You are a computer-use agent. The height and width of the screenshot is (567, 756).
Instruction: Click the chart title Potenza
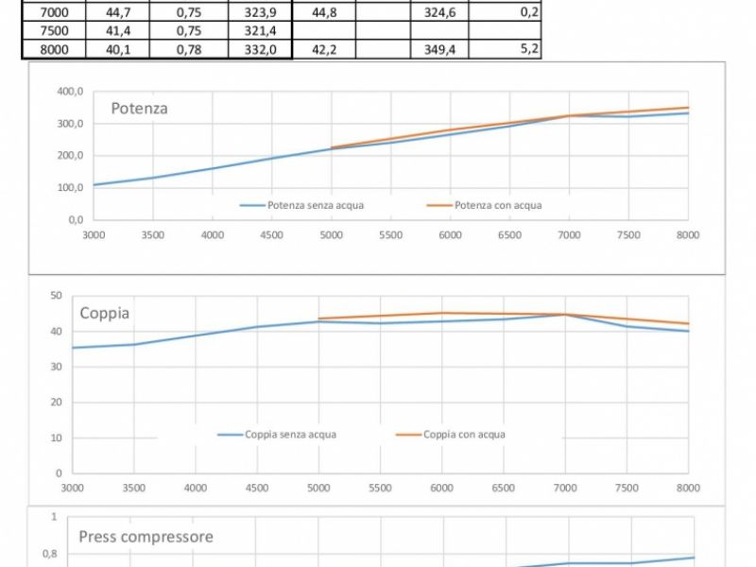[x=139, y=109]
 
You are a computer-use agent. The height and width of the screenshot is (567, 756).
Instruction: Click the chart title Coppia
[x=104, y=314]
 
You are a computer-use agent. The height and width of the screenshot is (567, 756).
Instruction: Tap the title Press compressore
[x=146, y=537]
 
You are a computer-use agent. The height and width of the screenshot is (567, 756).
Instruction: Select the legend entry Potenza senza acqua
[x=315, y=205]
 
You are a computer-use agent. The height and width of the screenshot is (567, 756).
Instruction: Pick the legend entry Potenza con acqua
[x=498, y=205]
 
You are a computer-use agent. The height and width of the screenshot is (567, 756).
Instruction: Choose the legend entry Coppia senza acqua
[x=290, y=435]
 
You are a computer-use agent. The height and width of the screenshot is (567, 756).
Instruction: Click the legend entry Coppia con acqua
[x=464, y=435]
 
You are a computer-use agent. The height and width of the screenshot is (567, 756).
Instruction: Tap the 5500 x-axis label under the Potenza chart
[x=390, y=235]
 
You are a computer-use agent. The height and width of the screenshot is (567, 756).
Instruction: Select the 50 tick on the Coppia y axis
[x=56, y=296]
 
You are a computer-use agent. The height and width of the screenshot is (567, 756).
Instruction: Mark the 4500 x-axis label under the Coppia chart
[x=256, y=488]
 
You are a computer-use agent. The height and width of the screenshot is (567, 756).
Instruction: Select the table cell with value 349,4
[x=440, y=49]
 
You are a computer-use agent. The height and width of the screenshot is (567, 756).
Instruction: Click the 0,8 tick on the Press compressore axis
[x=49, y=554]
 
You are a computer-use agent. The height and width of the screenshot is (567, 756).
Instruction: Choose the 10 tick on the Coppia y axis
[x=56, y=438]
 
